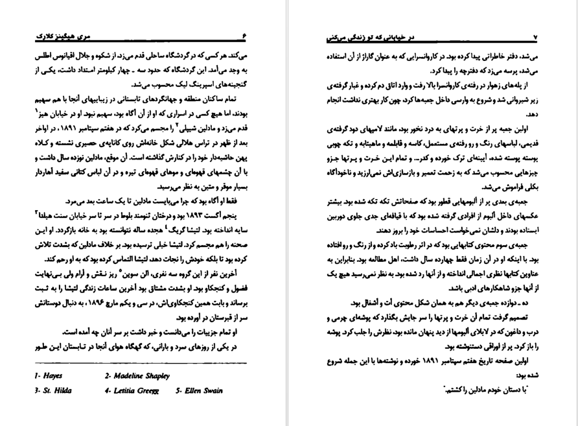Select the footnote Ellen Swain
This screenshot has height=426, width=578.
201,392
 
